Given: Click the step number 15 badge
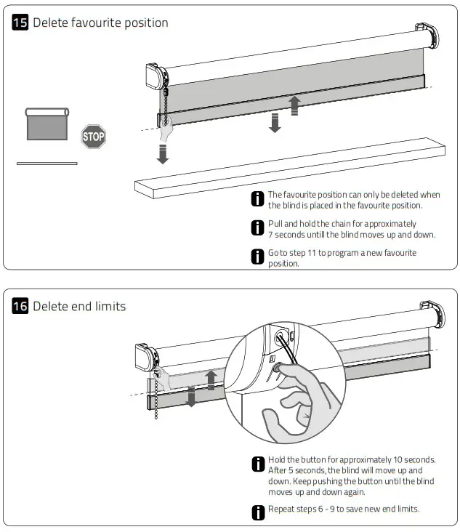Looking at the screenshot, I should [20, 23].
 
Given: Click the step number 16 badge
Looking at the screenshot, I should [20, 306].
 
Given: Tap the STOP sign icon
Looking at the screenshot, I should [93, 136].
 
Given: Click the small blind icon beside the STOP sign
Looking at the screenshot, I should [47, 124].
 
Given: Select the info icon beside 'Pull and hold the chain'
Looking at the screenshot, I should [257, 227].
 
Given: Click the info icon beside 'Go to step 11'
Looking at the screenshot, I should [257, 257].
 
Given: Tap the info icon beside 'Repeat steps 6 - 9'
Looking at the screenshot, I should [257, 512].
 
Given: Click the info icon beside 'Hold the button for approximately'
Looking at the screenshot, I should [257, 464].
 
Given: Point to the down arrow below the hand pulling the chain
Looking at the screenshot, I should [163, 153].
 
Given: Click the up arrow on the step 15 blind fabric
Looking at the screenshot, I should [294, 105].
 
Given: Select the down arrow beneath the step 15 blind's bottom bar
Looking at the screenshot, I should [275, 122].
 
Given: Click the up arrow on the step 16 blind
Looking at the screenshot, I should [211, 378].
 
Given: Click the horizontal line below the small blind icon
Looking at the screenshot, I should [47, 164].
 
